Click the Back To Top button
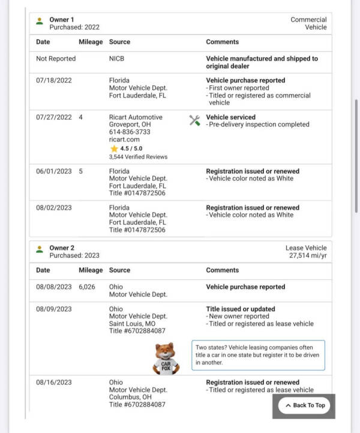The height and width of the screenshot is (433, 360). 304,405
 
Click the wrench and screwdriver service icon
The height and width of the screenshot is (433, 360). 194,120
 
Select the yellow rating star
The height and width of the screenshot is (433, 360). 114,148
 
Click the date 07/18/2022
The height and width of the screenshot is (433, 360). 54,80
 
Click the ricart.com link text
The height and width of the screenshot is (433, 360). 122,139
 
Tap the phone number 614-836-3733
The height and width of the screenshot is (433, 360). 130,132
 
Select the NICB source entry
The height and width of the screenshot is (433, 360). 117,59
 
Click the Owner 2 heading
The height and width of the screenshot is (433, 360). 62,248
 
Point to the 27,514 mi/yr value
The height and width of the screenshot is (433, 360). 308,255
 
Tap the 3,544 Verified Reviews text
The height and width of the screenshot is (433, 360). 138,157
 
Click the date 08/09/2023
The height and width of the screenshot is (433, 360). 54,309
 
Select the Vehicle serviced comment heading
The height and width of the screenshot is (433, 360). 230,117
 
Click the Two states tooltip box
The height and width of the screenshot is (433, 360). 259,355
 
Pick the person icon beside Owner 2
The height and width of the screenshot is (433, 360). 40,249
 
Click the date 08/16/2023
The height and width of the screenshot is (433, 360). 54,383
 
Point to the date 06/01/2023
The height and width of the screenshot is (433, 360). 54,171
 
